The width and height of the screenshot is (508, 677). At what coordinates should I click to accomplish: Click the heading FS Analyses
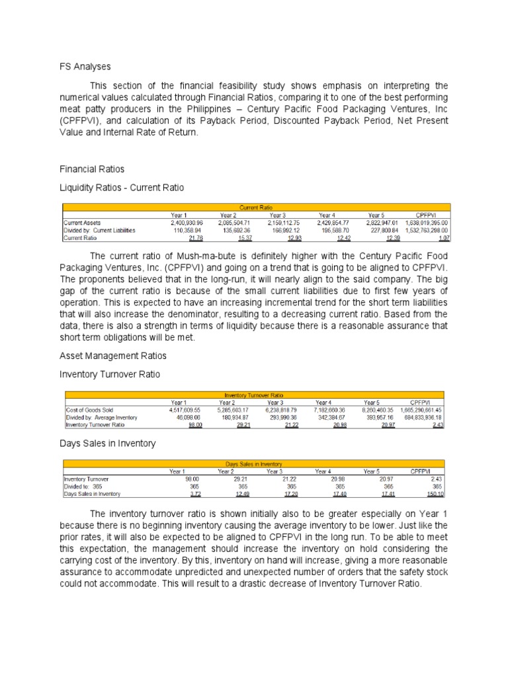click(x=83, y=67)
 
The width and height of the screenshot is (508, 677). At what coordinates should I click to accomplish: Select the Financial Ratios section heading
click(x=93, y=170)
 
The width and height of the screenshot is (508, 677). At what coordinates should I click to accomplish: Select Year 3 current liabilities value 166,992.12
click(x=283, y=230)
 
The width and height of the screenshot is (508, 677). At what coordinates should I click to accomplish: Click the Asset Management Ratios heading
click(x=113, y=356)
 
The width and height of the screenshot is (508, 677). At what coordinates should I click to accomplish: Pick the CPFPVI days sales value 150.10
click(x=435, y=494)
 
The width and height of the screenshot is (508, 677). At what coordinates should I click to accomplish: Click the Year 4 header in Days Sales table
click(x=323, y=471)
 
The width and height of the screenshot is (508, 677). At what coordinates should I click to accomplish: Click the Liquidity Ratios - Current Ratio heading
click(x=122, y=188)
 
